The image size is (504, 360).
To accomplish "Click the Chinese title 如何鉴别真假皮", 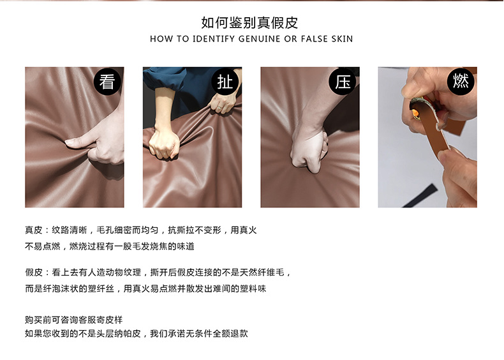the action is [x=249, y=22].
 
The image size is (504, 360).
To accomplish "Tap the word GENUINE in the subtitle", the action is [x=260, y=39].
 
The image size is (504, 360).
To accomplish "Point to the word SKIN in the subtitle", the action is [x=342, y=39].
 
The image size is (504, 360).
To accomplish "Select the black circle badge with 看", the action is [x=107, y=82].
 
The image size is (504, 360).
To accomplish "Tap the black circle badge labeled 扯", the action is [x=225, y=82].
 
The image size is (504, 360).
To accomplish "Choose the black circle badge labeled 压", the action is [x=343, y=82].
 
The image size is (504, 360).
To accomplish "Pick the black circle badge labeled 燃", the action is [x=461, y=82].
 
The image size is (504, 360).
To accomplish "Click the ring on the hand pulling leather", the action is [x=219, y=107].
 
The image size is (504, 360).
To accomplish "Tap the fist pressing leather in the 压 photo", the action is [x=309, y=151].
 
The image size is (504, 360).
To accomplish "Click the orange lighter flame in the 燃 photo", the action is [x=415, y=114].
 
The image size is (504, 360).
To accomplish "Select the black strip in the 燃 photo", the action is [x=420, y=195].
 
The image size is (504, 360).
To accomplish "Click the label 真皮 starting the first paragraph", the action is [x=34, y=230].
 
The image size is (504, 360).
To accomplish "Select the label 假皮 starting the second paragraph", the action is [x=34, y=273].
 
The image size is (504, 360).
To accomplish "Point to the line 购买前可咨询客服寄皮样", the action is [x=74, y=320].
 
